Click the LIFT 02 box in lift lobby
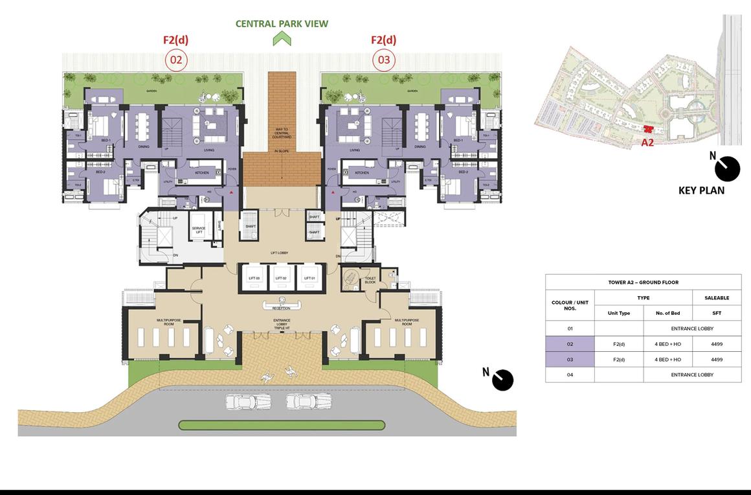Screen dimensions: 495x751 pyautogui.click(x=282, y=277)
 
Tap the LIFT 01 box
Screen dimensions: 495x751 pyautogui.click(x=309, y=277)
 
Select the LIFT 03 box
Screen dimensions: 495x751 pyautogui.click(x=253, y=277)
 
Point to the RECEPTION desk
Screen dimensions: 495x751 pyautogui.click(x=282, y=305)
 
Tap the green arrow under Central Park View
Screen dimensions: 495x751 pyautogui.click(x=282, y=39)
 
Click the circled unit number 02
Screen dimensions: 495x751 pyautogui.click(x=176, y=61)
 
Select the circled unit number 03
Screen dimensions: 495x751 pyautogui.click(x=384, y=61)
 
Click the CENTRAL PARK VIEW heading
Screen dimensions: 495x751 pyautogui.click(x=282, y=24)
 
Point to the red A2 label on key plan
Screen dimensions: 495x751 pyautogui.click(x=647, y=143)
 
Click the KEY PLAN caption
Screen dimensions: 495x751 pyautogui.click(x=701, y=190)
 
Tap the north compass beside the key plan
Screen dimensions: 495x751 pyautogui.click(x=727, y=168)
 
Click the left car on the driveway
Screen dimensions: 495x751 pyautogui.click(x=240, y=402)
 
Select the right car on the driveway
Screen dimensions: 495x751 pyautogui.click(x=299, y=402)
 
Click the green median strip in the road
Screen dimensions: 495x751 pyautogui.click(x=282, y=426)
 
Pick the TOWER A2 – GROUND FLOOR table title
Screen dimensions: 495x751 pyautogui.click(x=643, y=282)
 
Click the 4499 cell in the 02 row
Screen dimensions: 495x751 pyautogui.click(x=717, y=344)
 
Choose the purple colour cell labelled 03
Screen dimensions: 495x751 pyautogui.click(x=570, y=360)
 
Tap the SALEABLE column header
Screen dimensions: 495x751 pyautogui.click(x=717, y=298)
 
